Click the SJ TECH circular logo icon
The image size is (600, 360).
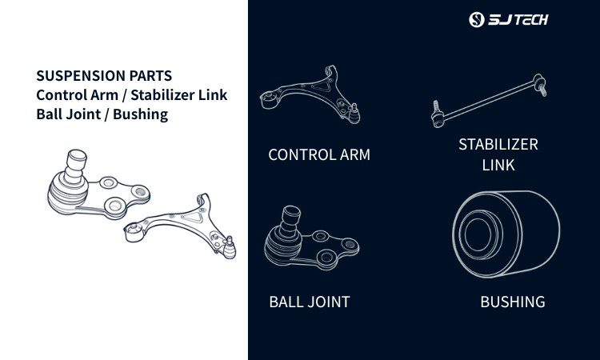pos(477,19)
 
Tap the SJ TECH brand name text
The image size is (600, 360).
pos(518,19)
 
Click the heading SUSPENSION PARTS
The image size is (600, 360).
pos(104,76)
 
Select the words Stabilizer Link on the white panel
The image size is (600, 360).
pos(178,95)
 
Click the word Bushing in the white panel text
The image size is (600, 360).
pos(141,114)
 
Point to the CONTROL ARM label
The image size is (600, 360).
pos(319,155)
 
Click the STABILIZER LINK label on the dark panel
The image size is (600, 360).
pos(498,154)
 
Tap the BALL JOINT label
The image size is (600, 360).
pos(310,302)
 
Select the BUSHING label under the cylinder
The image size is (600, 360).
pos(513,302)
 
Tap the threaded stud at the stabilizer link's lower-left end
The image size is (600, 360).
pos(435,106)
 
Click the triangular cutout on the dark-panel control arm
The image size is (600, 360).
pos(322,86)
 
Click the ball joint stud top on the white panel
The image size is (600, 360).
pos(77,156)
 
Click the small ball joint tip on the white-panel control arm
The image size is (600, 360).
pos(230,248)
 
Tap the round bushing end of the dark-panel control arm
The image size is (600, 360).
pos(268,99)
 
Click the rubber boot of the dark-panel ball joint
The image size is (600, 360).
pos(282,246)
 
